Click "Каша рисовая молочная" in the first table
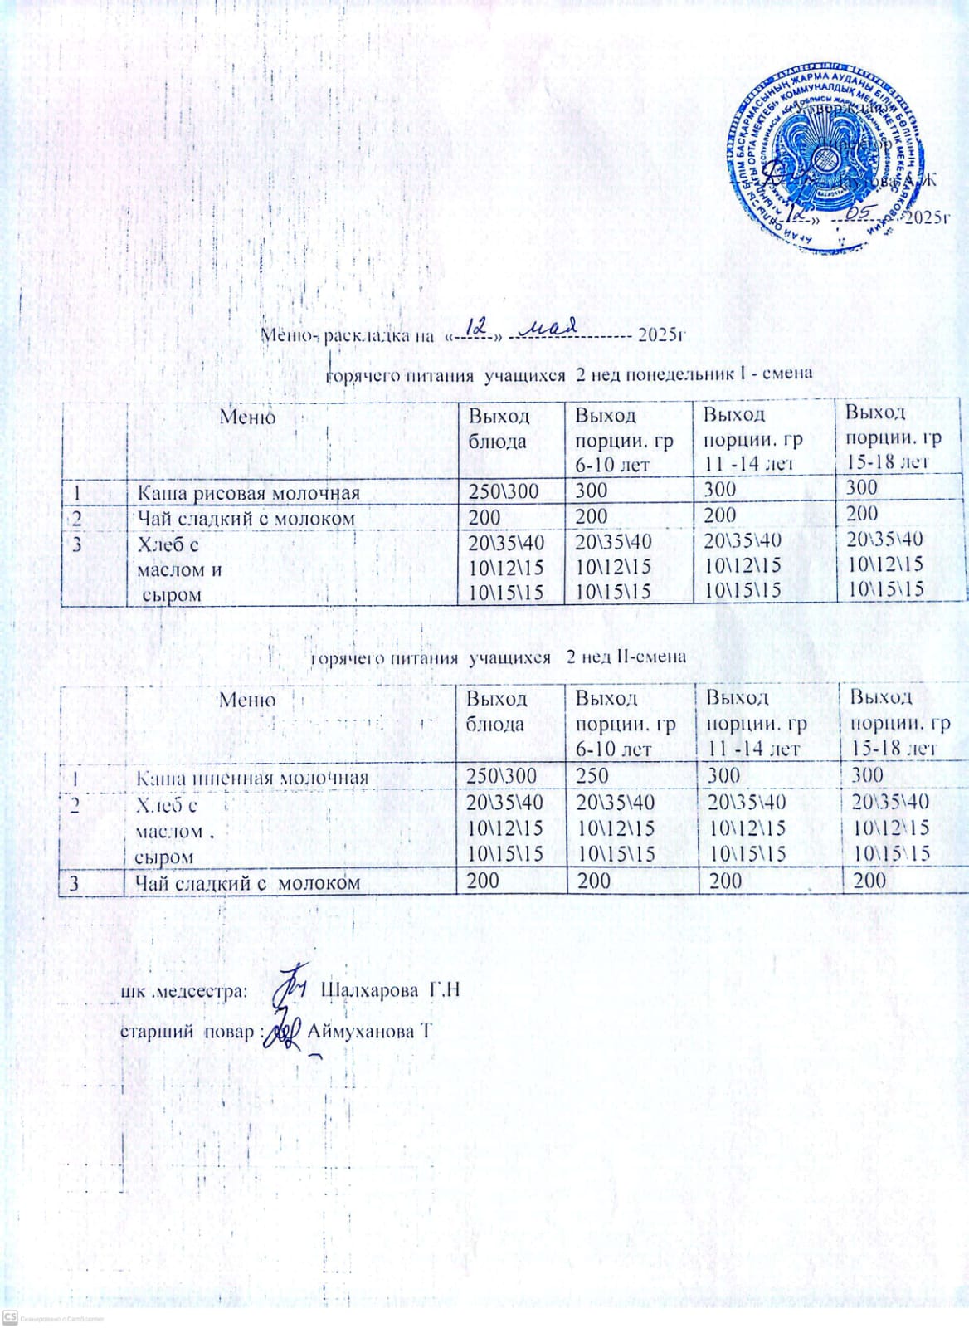248,494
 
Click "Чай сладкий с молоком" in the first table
246,519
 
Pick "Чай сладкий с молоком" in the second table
248,882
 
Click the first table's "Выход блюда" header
499,427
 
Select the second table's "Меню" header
247,700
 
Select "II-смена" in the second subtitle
650,656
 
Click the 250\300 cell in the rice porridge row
504,491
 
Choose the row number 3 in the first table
76,544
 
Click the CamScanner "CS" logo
11,1318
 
